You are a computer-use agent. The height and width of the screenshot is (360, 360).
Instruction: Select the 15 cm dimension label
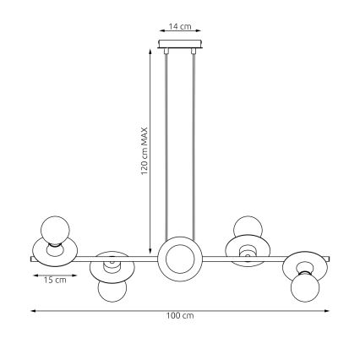click(x=55, y=280)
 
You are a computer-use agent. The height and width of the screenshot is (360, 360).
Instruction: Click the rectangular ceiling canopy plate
click(x=179, y=45)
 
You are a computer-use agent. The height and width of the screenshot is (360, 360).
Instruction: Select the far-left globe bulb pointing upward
click(x=52, y=229)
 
